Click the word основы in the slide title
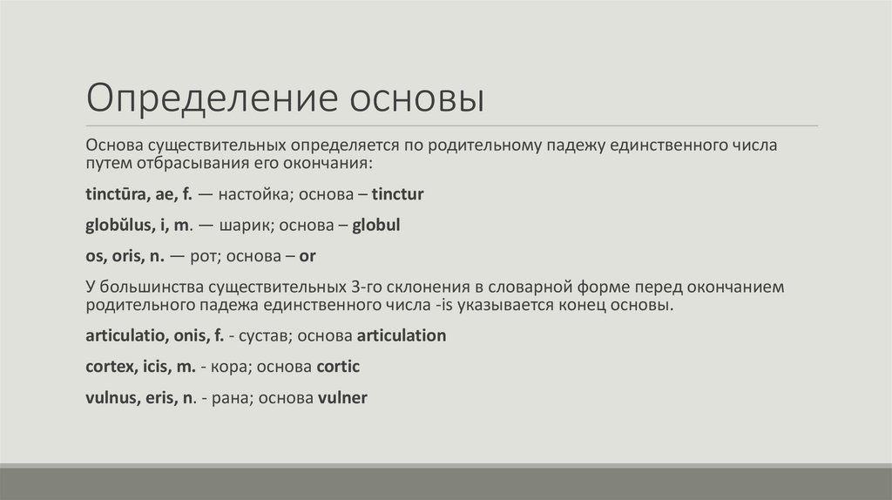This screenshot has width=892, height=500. click(416, 98)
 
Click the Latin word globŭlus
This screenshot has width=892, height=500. click(118, 225)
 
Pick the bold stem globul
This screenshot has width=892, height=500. click(376, 225)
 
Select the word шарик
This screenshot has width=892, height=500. click(247, 225)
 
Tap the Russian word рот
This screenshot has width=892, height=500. click(203, 256)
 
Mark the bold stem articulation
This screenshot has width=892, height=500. click(401, 335)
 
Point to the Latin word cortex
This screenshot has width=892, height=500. click(107, 367)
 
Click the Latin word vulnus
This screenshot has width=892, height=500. click(110, 398)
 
